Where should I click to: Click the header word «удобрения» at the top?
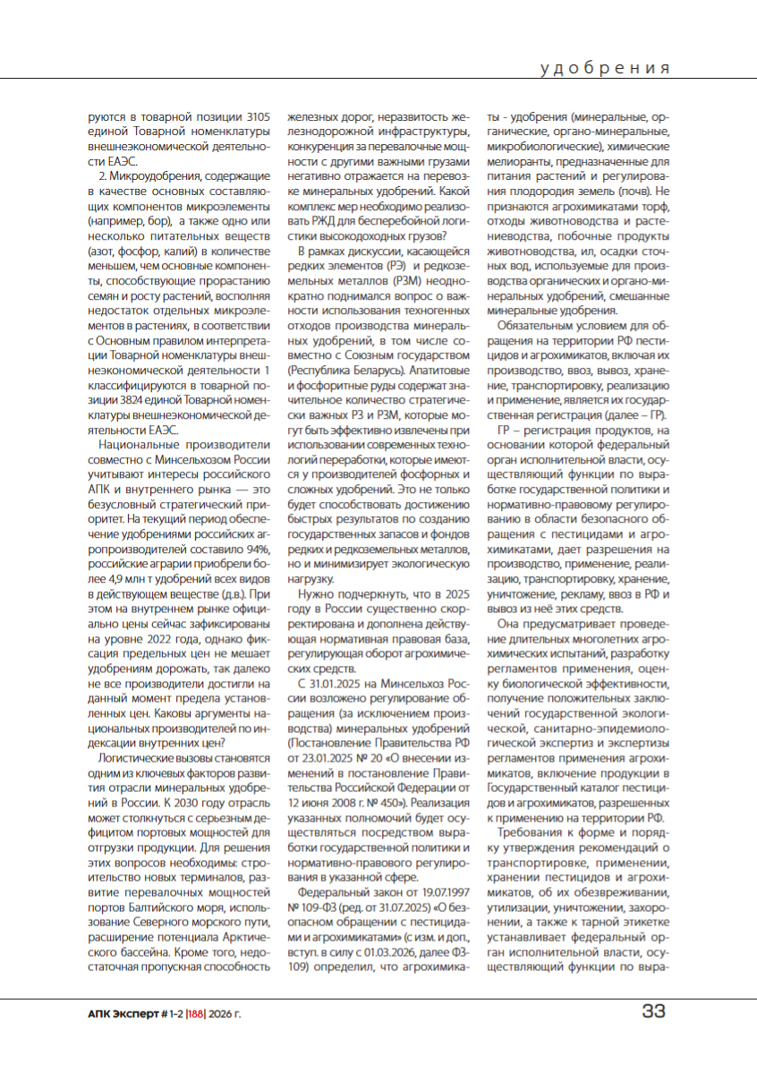(606, 68)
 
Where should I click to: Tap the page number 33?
(653, 1012)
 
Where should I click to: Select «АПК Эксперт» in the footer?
(117, 1013)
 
